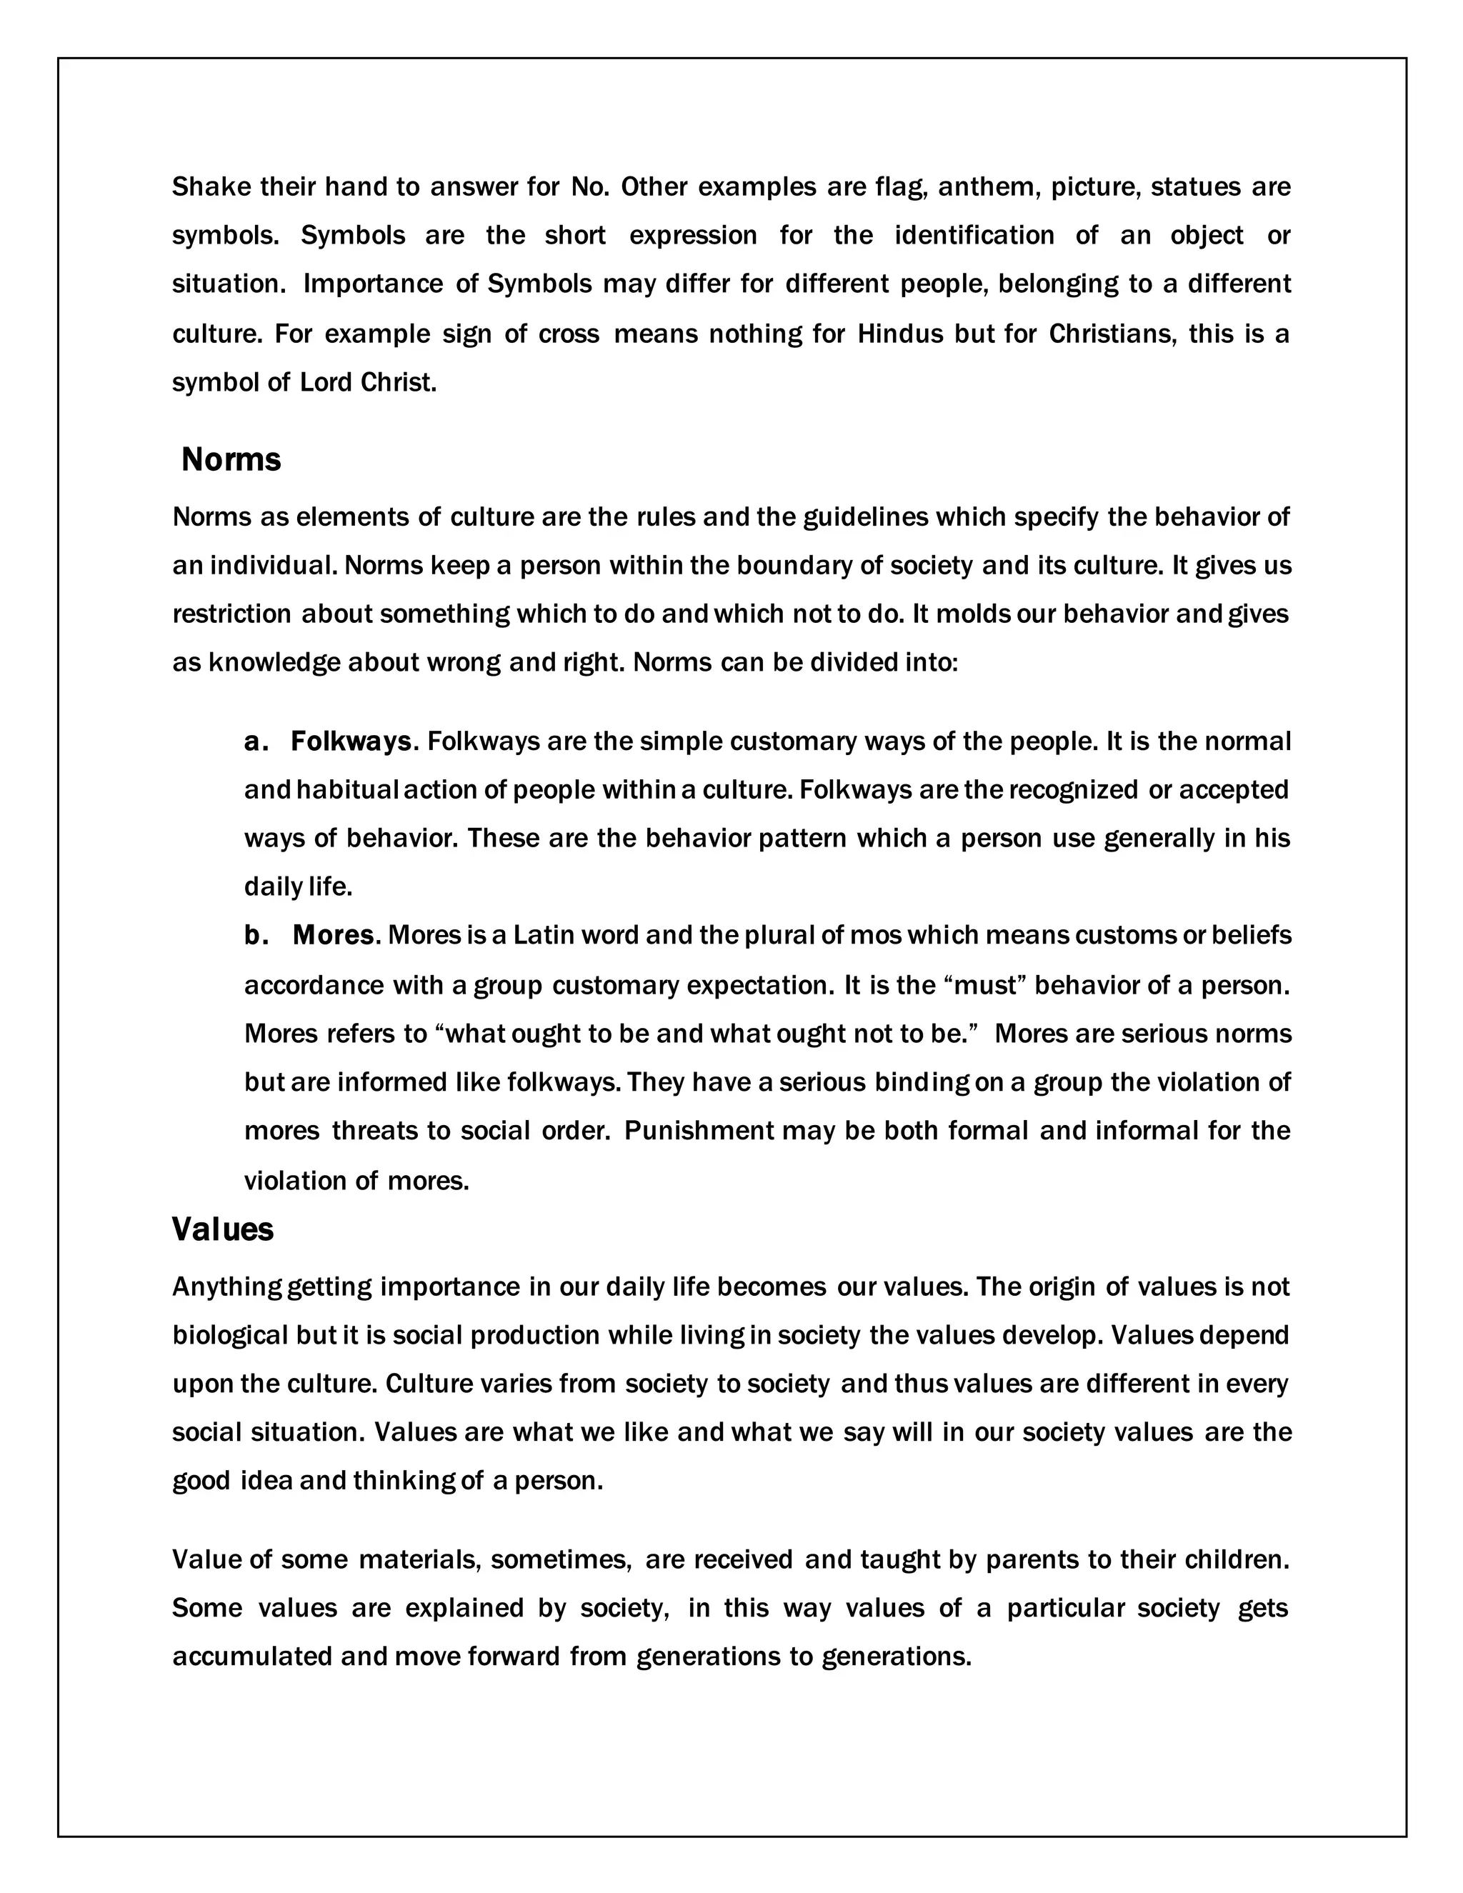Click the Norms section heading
pos(231,459)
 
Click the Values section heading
pos(223,1229)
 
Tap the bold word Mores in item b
pos(333,935)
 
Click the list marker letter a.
pos(252,742)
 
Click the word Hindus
pos(899,334)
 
